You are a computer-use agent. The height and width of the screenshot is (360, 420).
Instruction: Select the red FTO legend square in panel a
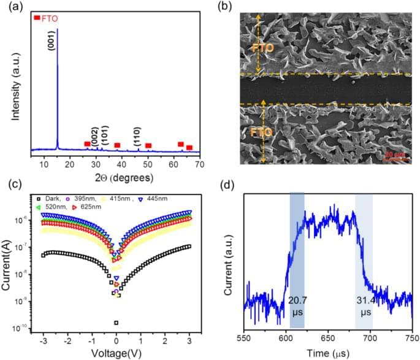coord(37,18)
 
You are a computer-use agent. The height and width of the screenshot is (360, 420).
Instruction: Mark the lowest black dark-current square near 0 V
coord(116,323)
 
